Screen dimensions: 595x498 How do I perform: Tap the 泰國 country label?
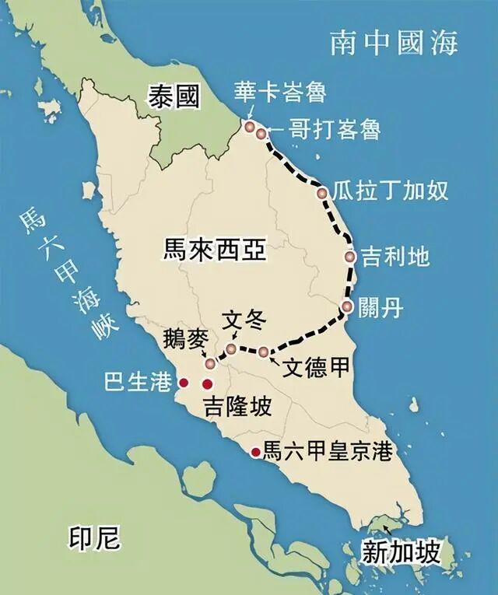click(174, 97)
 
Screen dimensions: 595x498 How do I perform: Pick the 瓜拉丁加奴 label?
click(390, 190)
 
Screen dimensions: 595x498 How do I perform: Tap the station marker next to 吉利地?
click(351, 257)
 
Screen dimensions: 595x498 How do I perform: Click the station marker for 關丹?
click(347, 306)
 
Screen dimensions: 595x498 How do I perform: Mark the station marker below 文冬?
click(231, 349)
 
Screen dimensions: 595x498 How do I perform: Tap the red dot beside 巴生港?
click(184, 383)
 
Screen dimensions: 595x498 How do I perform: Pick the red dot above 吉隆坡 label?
click(207, 383)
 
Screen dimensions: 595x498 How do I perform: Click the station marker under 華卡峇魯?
click(250, 126)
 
